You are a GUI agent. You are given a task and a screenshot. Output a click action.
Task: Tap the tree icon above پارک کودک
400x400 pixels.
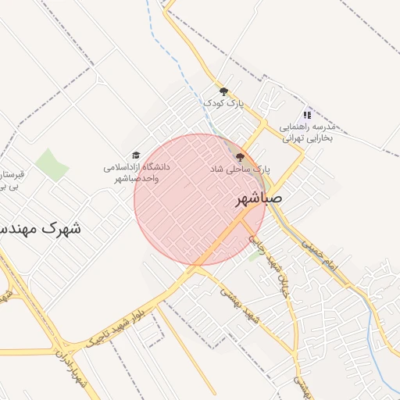(223, 91)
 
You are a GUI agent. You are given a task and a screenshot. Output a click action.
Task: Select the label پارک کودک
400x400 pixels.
(224, 103)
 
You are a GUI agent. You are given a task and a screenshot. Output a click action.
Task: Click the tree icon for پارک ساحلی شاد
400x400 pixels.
(240, 157)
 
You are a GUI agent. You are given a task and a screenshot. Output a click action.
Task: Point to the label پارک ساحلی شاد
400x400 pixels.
(240, 169)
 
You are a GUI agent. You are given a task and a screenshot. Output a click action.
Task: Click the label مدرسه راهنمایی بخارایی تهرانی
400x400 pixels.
(307, 132)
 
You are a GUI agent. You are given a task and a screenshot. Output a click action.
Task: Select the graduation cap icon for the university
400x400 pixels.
(136, 155)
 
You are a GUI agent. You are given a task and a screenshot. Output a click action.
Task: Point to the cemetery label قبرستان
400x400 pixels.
(11, 173)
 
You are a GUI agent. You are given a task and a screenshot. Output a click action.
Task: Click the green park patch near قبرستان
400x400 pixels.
(52, 164)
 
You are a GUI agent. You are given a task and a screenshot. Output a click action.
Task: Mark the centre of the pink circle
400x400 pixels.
(200, 199)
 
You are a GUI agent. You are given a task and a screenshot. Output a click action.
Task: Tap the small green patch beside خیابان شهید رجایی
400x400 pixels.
(255, 255)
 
